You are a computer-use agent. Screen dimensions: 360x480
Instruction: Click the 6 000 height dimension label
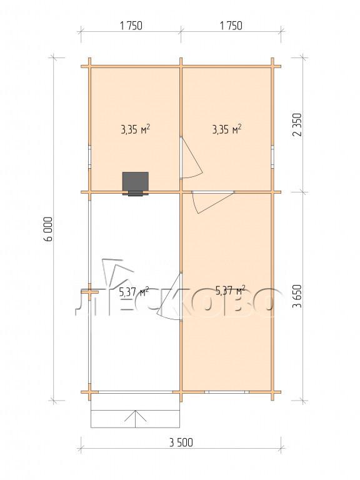coord(49,229)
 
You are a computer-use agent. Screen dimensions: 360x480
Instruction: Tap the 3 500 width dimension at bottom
coord(181,442)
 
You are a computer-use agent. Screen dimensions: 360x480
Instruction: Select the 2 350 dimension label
coord(297,124)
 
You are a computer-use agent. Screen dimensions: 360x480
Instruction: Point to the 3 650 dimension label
coord(297,296)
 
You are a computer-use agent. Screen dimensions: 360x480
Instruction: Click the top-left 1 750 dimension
coord(131,26)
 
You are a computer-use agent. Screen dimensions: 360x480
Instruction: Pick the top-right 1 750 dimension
coord(231,26)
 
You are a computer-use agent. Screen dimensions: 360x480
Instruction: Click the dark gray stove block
coord(135,184)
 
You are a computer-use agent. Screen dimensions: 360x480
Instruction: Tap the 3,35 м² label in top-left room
coord(135,129)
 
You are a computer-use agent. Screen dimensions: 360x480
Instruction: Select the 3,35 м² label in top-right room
coord(226,129)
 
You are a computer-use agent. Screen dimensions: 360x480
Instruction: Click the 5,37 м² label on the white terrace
coord(134,292)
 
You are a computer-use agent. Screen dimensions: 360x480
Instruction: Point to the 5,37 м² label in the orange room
coord(230,290)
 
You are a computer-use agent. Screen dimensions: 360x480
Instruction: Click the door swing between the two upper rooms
coord(191,157)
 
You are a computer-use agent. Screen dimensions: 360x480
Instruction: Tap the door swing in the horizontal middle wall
coord(212,202)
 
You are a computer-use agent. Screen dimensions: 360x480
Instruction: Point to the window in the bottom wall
coord(227,391)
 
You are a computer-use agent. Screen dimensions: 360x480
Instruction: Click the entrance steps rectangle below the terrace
coord(135,410)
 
